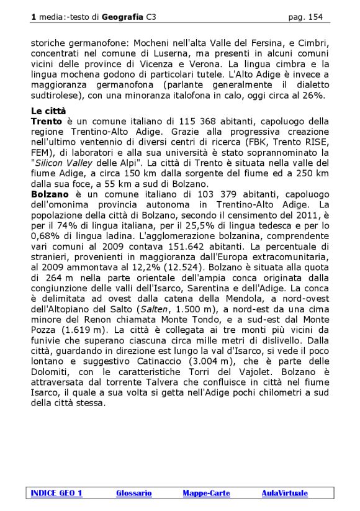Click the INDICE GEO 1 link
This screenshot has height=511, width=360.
point(56,493)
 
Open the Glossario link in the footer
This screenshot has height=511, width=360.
point(133,493)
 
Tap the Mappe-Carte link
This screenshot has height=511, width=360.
point(206,493)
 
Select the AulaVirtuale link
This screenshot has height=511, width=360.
point(284,493)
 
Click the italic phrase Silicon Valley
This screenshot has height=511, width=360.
point(69,163)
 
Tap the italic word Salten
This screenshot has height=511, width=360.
point(152,309)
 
